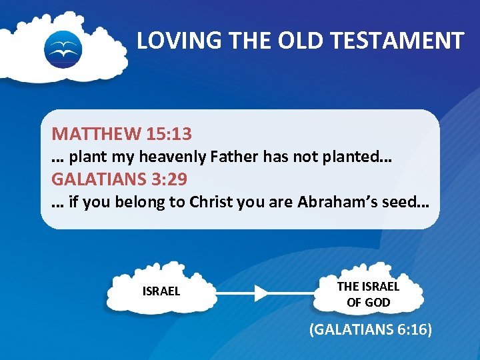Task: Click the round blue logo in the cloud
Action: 63,49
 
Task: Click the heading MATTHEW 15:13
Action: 122,134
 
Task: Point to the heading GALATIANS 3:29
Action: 119,179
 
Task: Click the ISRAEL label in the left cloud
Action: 161,292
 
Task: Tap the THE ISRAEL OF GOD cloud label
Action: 368,294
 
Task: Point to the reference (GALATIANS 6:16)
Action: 371,329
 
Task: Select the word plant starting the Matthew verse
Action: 83,157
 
